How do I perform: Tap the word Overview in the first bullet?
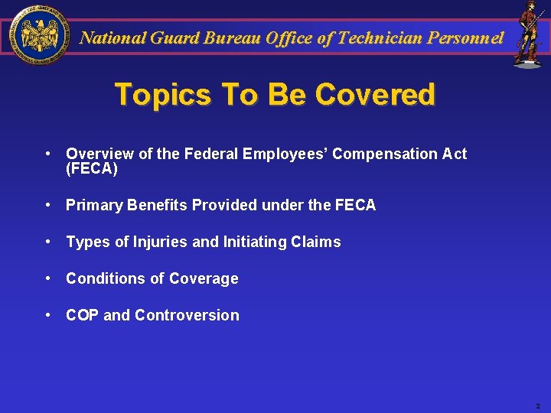click(98, 154)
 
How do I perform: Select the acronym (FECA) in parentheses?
click(92, 169)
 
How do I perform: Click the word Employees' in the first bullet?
click(285, 154)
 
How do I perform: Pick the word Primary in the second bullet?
click(93, 205)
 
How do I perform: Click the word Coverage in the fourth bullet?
click(204, 278)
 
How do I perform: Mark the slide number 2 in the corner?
click(537, 406)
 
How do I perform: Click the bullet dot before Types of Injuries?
click(48, 241)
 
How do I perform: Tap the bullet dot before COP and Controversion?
click(48, 314)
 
